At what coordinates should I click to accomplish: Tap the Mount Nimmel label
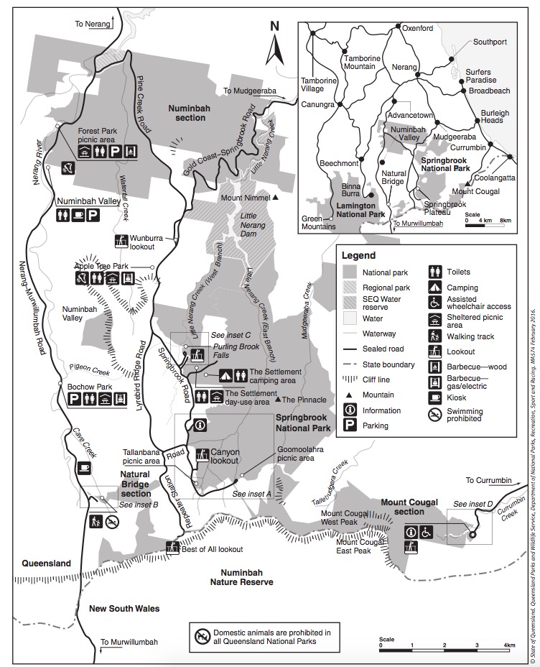click(244, 198)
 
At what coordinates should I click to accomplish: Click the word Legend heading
click(358, 255)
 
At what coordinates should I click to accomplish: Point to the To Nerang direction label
click(93, 24)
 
